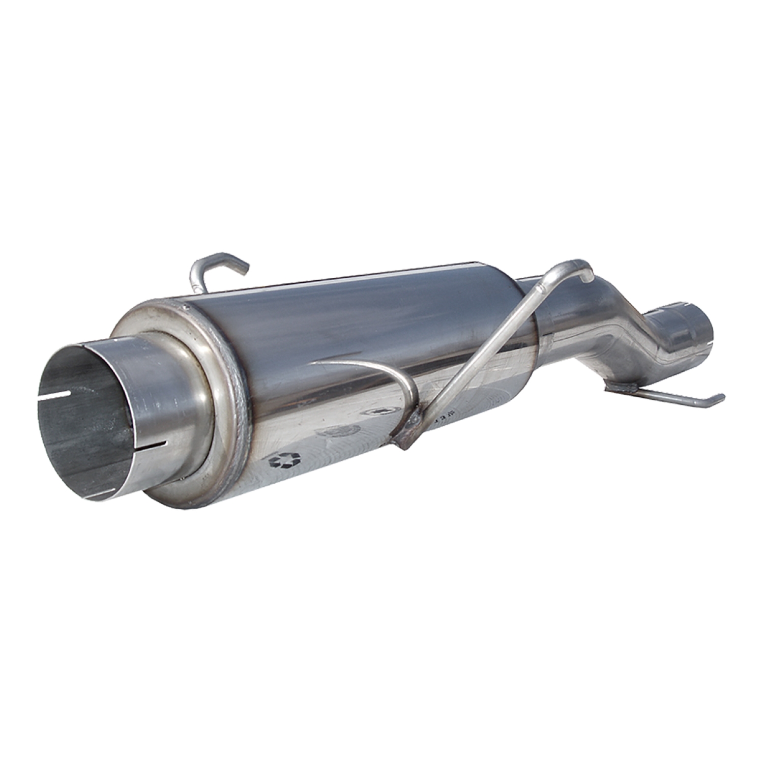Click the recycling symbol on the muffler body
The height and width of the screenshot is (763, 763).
[x=285, y=460]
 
